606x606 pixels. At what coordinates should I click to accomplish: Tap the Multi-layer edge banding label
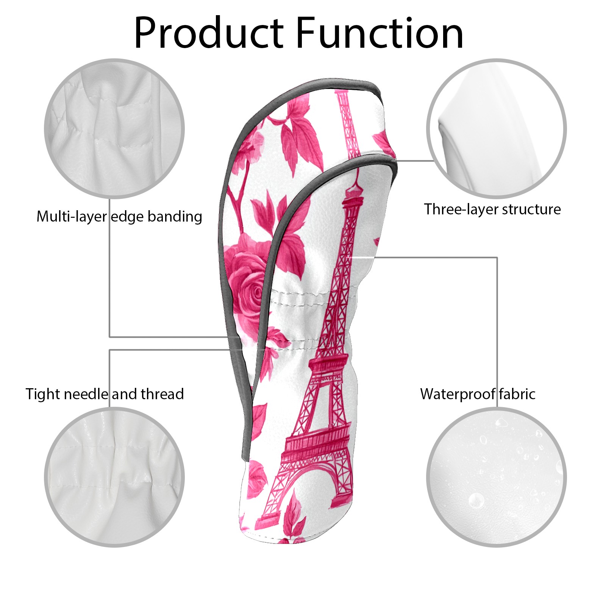[119, 217]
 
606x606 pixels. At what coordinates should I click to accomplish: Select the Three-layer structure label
[492, 209]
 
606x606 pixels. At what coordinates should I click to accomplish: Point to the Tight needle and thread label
[105, 394]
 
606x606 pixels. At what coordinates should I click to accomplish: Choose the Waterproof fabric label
[478, 394]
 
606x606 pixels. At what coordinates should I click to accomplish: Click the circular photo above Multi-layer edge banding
[114, 128]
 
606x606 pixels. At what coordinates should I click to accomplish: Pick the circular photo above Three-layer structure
[496, 128]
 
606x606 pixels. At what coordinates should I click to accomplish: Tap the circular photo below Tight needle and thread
[114, 477]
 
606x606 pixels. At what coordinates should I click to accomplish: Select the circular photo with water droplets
[496, 477]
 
